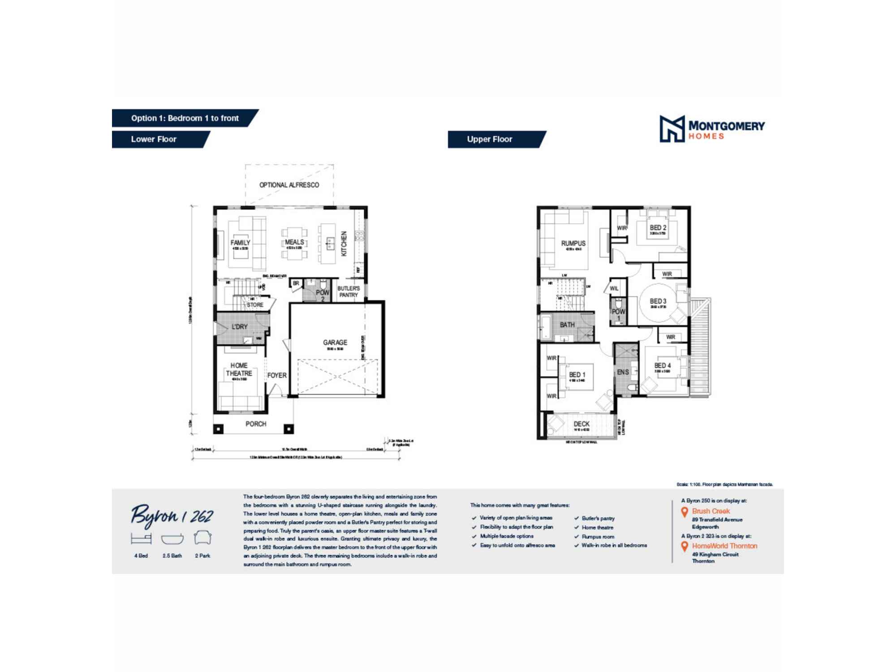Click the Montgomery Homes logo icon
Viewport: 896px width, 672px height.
(x=672, y=129)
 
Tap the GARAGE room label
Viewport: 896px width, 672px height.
(x=335, y=342)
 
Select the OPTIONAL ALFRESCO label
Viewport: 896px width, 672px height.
(x=289, y=185)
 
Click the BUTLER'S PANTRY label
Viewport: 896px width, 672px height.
(x=348, y=292)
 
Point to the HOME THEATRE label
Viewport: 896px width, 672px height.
(x=239, y=370)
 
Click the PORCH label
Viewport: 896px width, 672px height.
(x=255, y=424)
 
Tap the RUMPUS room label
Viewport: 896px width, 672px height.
(x=573, y=243)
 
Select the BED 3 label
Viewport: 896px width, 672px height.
(x=658, y=301)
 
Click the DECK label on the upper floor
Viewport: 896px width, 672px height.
(x=581, y=424)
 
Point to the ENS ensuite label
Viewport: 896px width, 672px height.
(x=623, y=372)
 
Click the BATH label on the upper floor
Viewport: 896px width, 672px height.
(x=567, y=324)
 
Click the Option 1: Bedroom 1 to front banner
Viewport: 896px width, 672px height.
(x=185, y=118)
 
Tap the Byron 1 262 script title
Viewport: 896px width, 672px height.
(x=172, y=516)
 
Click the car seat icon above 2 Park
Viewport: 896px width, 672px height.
(x=202, y=538)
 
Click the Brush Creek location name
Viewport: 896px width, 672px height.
(x=711, y=511)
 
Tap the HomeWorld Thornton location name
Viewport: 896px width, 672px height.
(x=724, y=546)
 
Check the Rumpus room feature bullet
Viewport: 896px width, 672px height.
(x=598, y=536)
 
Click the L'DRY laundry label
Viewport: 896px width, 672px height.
(x=239, y=327)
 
